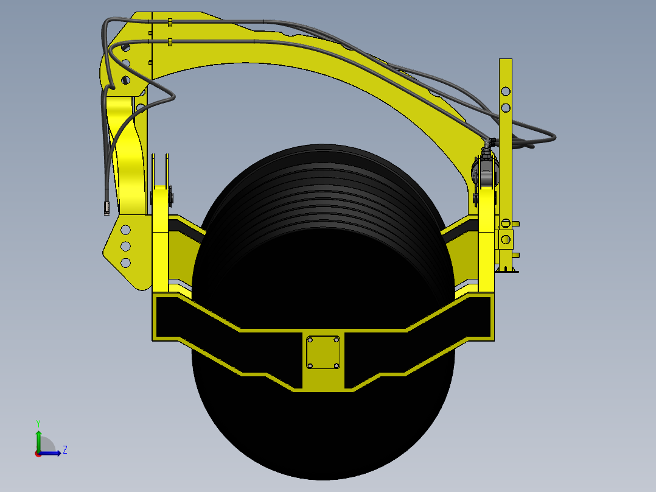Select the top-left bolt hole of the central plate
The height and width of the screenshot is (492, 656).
(310, 339)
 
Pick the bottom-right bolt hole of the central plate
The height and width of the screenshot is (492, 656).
(337, 366)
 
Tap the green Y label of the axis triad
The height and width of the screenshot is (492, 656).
(38, 423)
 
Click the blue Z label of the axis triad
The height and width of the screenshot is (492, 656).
(65, 450)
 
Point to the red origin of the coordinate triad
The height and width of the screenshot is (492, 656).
(38, 453)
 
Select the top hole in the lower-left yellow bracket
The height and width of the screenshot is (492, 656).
(125, 230)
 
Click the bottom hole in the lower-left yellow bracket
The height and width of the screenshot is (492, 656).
(125, 262)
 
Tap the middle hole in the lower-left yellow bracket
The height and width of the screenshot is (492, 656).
(125, 246)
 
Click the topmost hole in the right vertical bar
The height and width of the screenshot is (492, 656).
(506, 91)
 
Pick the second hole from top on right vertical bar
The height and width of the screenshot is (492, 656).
(506, 108)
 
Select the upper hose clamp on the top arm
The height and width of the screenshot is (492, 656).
(170, 23)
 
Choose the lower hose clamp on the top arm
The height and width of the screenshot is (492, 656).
(170, 42)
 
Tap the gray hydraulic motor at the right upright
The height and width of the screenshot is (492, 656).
(486, 172)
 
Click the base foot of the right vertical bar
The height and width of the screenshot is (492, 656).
(506, 269)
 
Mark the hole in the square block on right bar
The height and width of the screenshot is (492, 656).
(504, 238)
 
